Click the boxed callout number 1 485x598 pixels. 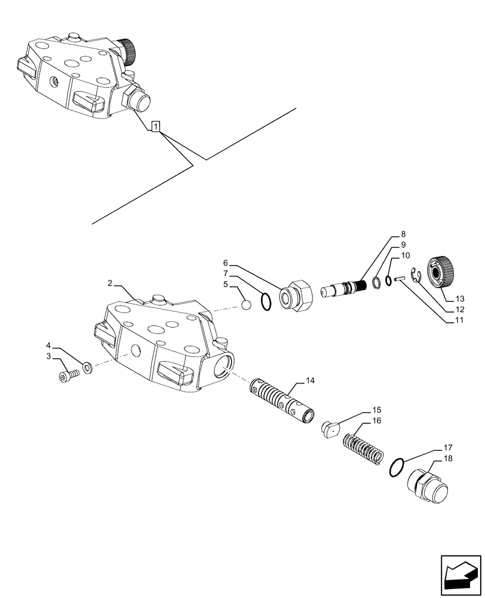click(x=155, y=126)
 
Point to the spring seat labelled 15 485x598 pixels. click(x=329, y=428)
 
